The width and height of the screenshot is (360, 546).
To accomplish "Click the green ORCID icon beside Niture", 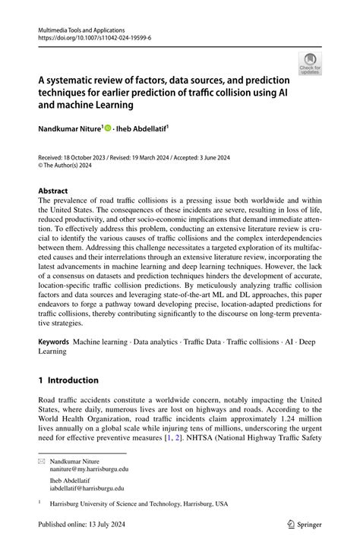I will click(108, 128).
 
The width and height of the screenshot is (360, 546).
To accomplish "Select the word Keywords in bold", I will click(54, 342).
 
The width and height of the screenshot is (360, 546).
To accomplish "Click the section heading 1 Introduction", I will click(68, 380).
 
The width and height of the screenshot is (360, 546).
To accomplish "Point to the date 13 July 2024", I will click(113, 523).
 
